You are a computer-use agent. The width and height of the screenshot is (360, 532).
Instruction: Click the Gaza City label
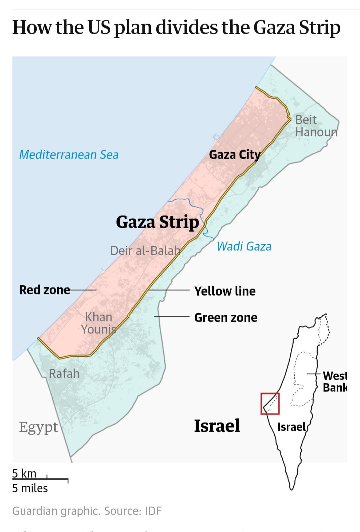(x=234, y=155)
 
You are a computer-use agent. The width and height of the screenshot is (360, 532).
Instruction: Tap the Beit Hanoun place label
(x=316, y=126)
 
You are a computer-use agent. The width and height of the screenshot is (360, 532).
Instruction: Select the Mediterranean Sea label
(x=69, y=155)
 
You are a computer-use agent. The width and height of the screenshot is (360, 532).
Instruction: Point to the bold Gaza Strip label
(x=157, y=222)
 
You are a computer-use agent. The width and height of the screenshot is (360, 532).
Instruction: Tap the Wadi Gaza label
(x=244, y=246)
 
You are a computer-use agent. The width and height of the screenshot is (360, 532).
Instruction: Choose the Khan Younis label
(x=98, y=323)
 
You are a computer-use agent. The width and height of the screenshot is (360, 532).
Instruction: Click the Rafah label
(x=64, y=374)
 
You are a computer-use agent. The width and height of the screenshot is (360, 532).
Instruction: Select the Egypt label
(x=38, y=427)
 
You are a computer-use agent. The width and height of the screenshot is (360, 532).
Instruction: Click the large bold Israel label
(x=217, y=426)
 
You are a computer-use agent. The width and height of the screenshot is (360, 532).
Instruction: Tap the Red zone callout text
(x=44, y=290)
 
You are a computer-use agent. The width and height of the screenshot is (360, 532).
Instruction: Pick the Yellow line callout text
(x=225, y=291)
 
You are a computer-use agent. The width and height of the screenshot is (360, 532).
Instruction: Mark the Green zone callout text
(x=226, y=318)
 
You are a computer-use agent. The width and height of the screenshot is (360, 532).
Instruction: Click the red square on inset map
(x=270, y=404)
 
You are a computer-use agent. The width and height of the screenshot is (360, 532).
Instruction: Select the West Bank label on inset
(x=335, y=382)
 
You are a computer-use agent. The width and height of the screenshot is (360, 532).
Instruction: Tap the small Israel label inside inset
(x=291, y=427)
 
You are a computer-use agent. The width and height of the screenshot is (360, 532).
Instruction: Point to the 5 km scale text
(x=24, y=473)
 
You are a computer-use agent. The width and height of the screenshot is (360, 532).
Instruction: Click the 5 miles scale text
(x=30, y=488)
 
